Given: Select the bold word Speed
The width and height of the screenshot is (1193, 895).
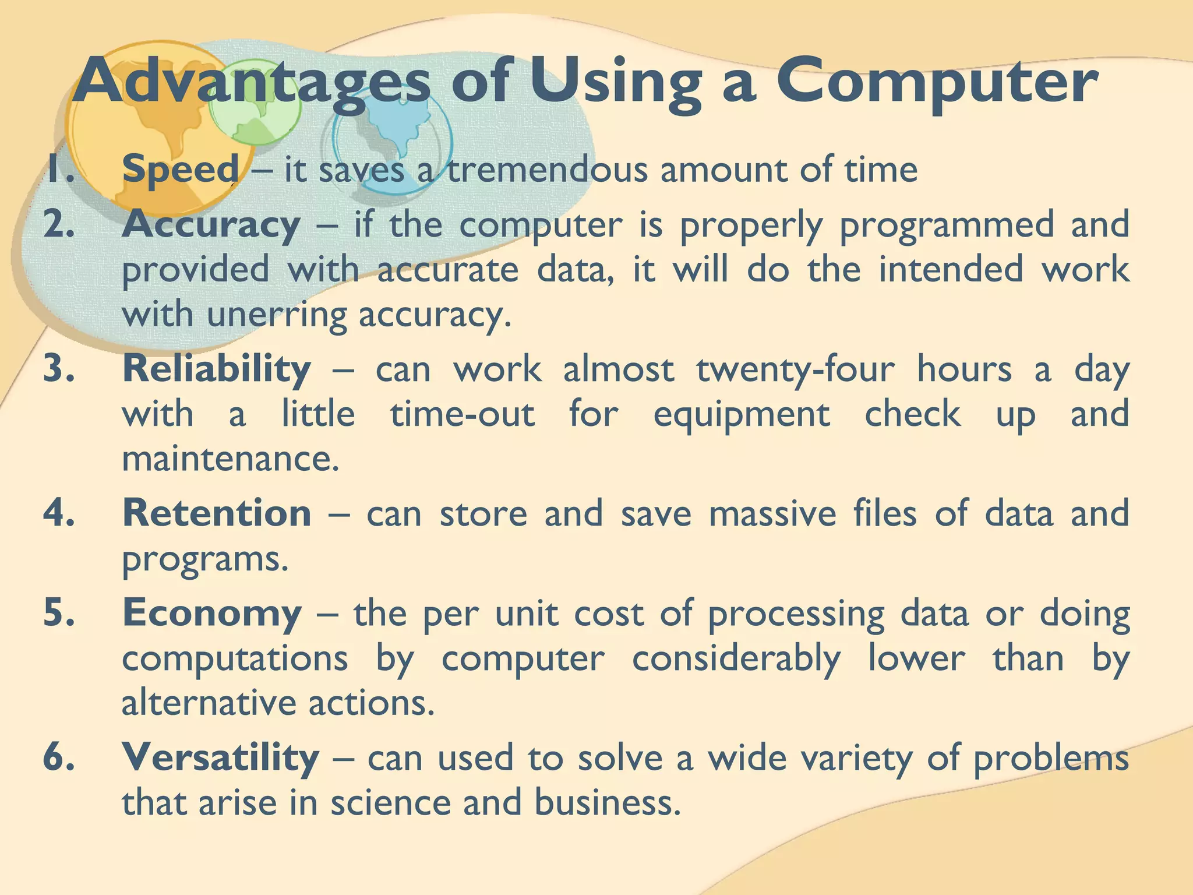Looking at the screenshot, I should tap(181, 170).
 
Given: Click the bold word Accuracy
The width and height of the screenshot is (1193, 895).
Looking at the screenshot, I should tap(211, 225).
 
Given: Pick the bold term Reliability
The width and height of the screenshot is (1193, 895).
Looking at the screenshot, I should tap(216, 369).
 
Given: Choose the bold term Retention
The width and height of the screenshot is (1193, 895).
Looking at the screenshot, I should tap(216, 513).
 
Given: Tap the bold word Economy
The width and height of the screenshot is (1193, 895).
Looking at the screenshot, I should tap(211, 614).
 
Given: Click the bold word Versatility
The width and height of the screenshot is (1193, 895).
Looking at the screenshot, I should tap(220, 757).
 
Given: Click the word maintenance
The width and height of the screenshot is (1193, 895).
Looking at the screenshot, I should tap(230, 459).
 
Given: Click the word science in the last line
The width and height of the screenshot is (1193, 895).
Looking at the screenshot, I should tap(391, 802).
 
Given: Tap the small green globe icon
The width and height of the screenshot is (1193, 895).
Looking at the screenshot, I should tap(255, 103).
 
